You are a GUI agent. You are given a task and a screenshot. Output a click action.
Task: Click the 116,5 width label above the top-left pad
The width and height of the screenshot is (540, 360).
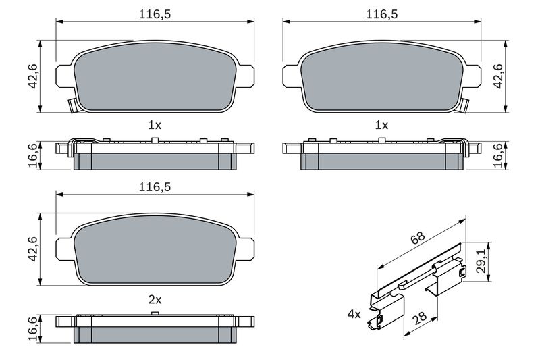coord(155,14)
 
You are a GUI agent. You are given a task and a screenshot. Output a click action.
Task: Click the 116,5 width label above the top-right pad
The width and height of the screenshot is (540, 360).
coord(381,14)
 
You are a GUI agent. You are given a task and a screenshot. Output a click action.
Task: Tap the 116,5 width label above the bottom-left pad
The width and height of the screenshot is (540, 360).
coord(155,187)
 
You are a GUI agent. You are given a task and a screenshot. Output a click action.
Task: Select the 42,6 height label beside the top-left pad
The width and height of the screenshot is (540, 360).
coord(33,76)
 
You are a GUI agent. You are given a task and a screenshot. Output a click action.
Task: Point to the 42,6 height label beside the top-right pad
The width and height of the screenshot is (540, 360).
coord(498,76)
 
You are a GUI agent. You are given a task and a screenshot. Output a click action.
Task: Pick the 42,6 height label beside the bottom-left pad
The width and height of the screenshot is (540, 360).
coord(33,249)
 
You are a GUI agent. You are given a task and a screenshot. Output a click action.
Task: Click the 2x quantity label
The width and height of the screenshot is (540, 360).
coord(155,300)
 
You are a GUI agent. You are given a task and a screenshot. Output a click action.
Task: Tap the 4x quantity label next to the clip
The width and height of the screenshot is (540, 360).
coord(354,314)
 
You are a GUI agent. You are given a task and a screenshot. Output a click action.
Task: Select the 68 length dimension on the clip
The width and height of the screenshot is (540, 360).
coord(418,238)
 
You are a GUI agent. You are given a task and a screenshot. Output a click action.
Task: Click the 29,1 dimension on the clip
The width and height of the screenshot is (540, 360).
coord(481,261)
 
